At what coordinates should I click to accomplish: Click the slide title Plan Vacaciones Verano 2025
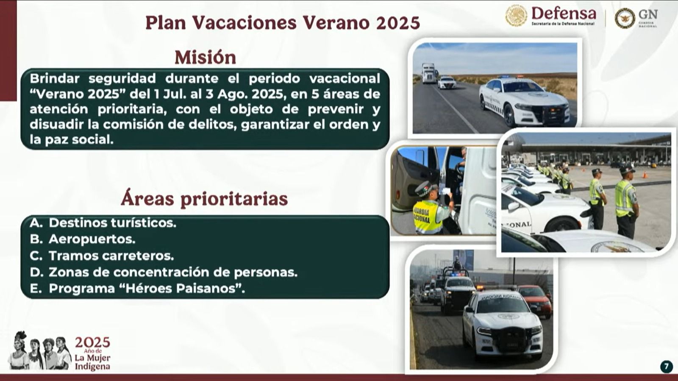[x=283, y=23]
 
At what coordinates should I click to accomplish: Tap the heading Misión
[x=205, y=57]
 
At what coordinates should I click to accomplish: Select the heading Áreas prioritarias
[x=204, y=199]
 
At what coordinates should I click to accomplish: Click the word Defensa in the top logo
[x=564, y=13]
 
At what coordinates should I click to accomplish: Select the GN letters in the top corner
[x=648, y=14]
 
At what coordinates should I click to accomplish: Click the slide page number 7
[x=666, y=367]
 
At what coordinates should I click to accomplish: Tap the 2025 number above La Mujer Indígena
[x=93, y=342]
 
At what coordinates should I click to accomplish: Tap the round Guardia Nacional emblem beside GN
[x=625, y=18]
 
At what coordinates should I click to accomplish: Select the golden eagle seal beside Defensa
[x=516, y=15]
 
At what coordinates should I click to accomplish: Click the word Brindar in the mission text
[x=55, y=79]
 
